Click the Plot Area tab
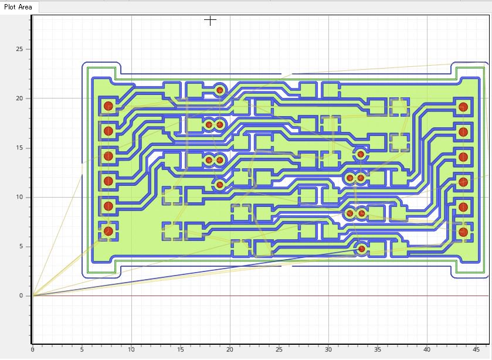[18, 7]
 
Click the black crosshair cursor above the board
[210, 21]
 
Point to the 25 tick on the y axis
[19, 49]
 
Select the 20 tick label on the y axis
[19, 99]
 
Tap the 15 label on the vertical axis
[19, 148]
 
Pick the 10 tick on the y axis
[19, 197]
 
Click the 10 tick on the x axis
[131, 349]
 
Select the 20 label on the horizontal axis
[230, 349]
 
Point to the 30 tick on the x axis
[328, 349]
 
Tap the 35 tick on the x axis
[378, 349]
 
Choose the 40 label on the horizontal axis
[427, 349]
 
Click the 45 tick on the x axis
[476, 349]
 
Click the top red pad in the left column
[108, 106]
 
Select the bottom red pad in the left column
[108, 231]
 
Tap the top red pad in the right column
[463, 107]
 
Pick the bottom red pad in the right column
[463, 232]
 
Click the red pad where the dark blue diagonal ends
[361, 249]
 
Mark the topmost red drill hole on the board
[220, 90]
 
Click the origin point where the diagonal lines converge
[33, 296]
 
